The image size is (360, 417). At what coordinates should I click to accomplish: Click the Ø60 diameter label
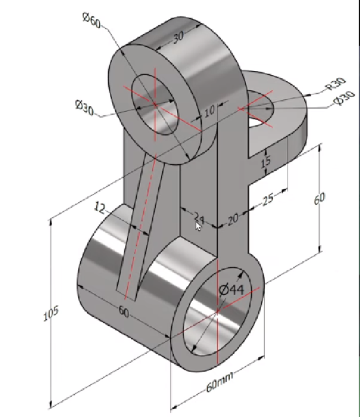(92, 21)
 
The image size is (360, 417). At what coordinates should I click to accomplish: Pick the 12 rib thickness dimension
(100, 208)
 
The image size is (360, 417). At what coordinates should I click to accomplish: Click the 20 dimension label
(233, 220)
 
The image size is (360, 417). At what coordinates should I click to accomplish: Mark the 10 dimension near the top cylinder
(209, 111)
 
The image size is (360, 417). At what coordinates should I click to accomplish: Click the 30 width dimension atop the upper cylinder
(178, 36)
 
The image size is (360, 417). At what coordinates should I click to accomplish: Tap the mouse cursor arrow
(199, 225)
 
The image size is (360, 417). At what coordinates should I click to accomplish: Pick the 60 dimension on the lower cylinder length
(124, 311)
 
